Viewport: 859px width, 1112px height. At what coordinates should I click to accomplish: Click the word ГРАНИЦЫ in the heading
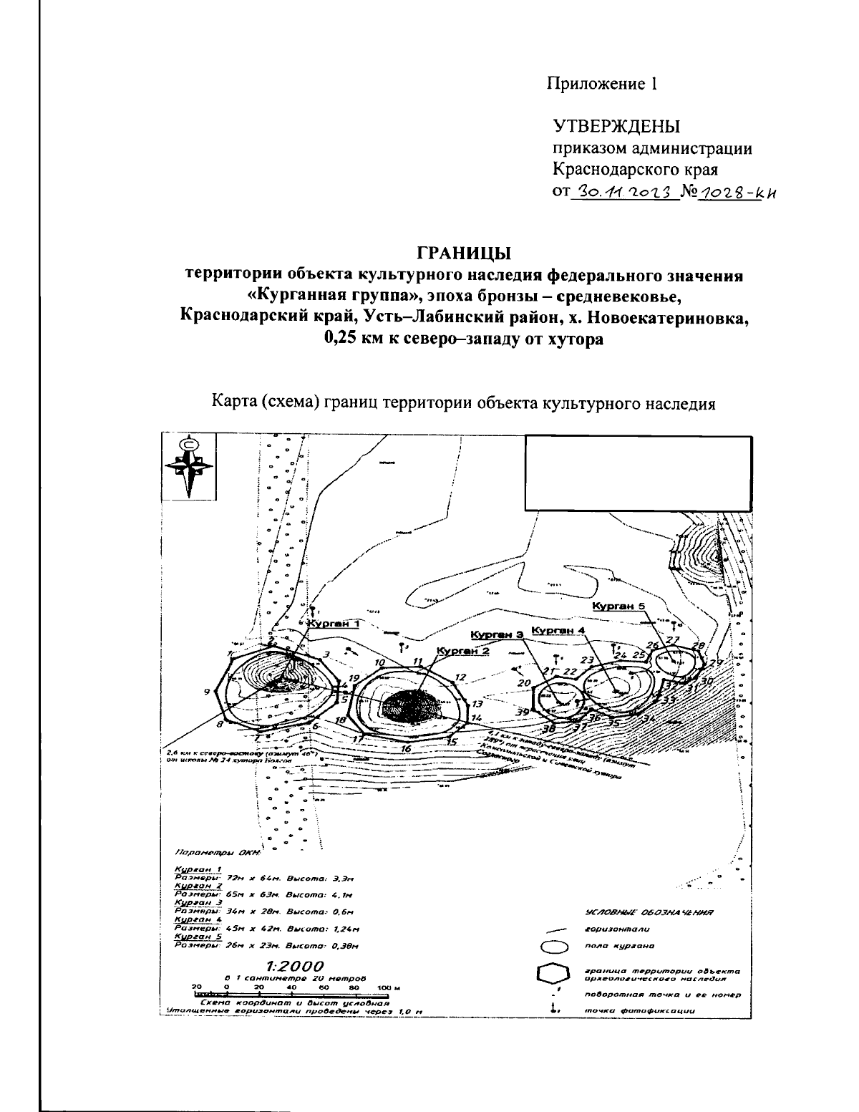464,253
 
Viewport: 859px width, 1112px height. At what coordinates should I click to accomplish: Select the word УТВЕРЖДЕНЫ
616,127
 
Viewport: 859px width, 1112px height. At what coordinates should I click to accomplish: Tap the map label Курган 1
333,624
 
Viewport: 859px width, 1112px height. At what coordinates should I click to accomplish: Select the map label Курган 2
463,651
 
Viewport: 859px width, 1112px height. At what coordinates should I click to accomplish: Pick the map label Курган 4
559,631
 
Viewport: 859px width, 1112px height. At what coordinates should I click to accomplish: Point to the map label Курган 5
619,606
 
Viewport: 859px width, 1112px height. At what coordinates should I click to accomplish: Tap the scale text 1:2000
294,967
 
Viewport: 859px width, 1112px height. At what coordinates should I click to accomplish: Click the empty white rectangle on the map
638,472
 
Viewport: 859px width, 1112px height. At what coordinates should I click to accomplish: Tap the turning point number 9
206,692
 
